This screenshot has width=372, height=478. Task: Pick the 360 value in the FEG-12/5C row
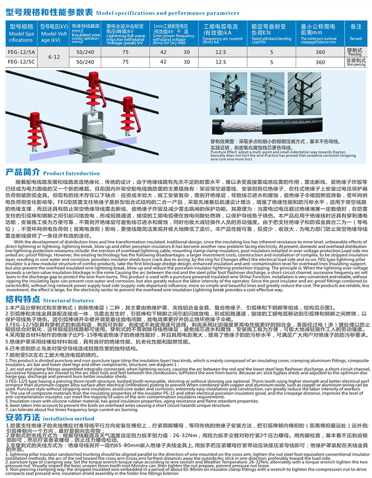point(320,62)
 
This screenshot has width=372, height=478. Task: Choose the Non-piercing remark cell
point(355,62)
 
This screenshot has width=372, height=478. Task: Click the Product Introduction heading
point(52,173)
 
